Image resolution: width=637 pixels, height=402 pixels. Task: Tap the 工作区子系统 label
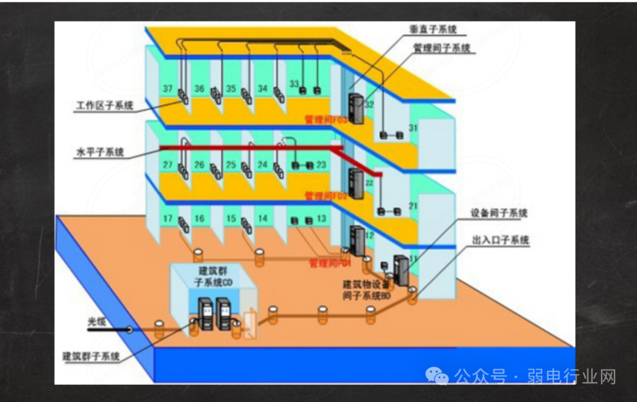point(104,106)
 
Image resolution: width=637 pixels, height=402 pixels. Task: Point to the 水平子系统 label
point(100,153)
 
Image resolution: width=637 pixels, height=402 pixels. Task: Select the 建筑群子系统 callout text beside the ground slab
point(91,357)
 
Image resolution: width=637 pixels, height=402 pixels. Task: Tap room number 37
point(168,89)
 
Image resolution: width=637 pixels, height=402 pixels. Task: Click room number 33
point(294,84)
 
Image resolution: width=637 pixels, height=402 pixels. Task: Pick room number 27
point(168,165)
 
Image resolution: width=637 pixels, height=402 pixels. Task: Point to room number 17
point(168,219)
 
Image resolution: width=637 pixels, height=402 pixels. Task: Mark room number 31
point(413,128)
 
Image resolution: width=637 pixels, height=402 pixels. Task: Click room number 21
point(413,206)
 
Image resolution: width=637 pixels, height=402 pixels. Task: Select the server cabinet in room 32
point(356,108)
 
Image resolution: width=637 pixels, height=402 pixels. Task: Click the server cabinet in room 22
point(356,183)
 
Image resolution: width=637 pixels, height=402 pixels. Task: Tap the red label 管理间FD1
point(330,263)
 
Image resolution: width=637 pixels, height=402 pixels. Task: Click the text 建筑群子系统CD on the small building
point(214,276)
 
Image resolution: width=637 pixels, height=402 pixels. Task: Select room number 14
point(262,219)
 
